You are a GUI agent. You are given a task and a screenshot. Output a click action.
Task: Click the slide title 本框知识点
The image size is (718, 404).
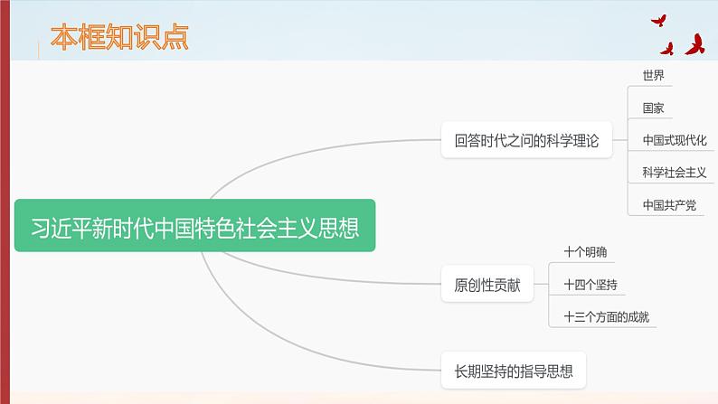coord(118,38)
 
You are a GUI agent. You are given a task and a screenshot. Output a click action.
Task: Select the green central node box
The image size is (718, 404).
coord(194,226)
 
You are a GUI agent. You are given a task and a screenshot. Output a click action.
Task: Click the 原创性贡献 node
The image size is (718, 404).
coord(487,286)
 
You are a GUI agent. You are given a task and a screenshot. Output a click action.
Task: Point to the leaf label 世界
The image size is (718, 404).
coord(653,75)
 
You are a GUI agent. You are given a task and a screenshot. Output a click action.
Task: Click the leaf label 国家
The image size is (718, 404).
coord(653,108)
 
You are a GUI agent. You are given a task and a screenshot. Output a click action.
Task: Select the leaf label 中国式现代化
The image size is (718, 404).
coord(674,140)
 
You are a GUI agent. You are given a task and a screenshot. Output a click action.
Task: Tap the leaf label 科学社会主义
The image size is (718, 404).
coord(674,173)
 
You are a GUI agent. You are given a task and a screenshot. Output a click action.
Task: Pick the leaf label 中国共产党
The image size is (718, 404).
coord(669,205)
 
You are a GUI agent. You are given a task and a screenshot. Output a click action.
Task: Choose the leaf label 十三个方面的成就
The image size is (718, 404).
coord(605,317)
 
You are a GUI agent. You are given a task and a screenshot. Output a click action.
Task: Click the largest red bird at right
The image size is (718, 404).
coord(695,44)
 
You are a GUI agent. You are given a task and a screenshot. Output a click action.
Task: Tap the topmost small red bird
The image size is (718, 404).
coord(658,20)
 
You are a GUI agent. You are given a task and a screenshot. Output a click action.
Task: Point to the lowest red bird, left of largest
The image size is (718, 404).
coord(667,49)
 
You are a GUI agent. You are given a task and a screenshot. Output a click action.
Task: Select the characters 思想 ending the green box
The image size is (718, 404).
coord(341,227)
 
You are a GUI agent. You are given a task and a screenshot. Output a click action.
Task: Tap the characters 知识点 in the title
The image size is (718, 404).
coord(152,38)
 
